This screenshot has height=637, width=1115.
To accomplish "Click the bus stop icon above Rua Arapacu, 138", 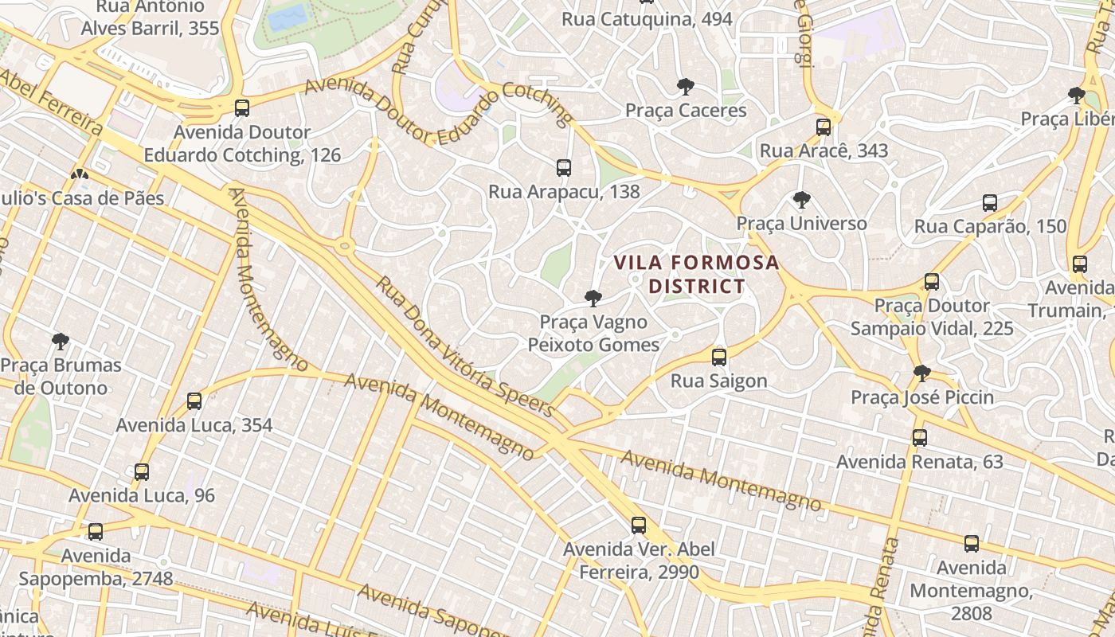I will point(564,168).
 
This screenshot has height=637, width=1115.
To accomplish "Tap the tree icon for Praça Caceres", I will point(685,87).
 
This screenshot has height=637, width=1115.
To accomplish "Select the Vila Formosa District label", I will point(696,274).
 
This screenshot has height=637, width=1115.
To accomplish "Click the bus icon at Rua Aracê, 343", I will point(824,127).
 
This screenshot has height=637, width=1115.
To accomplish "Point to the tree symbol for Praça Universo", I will point(801,200).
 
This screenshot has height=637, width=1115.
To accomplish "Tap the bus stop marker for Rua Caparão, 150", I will point(990,203).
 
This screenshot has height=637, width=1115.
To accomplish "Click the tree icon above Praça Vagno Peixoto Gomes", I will point(593,299).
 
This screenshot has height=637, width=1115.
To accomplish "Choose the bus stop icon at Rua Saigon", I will point(719,358).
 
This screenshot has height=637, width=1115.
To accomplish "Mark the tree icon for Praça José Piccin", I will point(921,373).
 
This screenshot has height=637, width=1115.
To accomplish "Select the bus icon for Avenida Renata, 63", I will point(920,438).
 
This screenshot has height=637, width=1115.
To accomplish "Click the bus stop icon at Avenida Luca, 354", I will point(194,401).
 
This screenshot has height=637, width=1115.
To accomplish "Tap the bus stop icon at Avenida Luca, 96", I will point(142,472).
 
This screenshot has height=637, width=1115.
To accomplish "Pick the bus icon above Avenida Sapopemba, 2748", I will point(96,532).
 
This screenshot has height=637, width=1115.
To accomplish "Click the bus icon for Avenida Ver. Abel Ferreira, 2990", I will point(638,526).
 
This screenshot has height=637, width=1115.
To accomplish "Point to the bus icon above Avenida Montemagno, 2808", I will point(972,545).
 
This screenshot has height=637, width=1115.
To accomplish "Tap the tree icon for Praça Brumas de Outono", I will point(60,342).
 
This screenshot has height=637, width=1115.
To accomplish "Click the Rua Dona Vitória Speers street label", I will point(465,347).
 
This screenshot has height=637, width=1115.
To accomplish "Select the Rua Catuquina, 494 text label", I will point(647,19).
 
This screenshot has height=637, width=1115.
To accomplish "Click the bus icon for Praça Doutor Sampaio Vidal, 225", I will point(932,282).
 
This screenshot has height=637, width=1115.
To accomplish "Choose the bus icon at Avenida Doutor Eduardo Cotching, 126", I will point(242,108).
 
